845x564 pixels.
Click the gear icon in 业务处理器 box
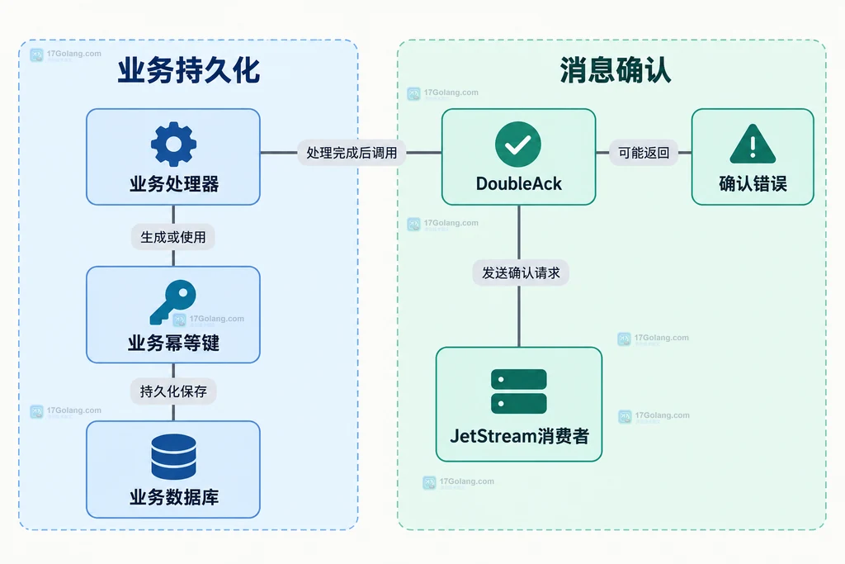pos(173,144)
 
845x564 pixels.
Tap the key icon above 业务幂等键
pos(173,302)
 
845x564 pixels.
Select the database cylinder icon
pos(173,457)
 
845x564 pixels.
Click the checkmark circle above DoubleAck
pos(518,144)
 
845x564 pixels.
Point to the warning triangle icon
pos(753,144)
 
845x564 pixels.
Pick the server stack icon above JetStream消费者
pos(519,391)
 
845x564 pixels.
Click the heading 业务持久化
pos(189,71)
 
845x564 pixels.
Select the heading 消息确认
pos(616,70)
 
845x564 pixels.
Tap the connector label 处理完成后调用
pos(352,153)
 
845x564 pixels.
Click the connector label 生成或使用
pos(173,237)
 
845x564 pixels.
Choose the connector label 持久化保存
pos(173,391)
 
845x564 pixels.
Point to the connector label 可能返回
pos(644,153)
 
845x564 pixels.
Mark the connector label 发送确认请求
pos(521,273)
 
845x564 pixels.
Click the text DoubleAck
pos(518,184)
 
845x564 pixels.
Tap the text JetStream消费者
pos(520,436)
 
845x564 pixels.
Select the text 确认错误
pos(753,184)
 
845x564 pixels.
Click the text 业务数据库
pos(174,496)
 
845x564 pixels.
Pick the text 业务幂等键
pos(173,343)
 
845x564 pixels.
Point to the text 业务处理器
pos(174,184)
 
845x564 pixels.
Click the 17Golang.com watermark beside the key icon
pos(209,320)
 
